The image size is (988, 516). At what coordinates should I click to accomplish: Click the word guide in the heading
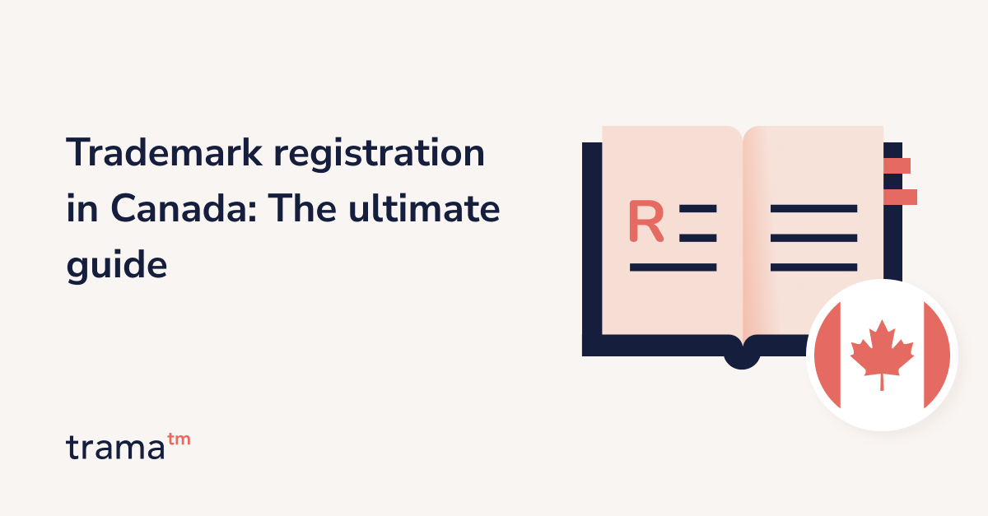tap(116, 267)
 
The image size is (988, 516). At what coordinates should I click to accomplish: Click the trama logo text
tap(114, 447)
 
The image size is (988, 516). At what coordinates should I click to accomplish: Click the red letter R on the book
tap(645, 221)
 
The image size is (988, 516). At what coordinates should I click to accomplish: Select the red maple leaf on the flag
tap(882, 354)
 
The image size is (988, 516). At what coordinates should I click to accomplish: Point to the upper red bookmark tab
tap(896, 165)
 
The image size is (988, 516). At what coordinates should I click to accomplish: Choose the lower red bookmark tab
tap(899, 197)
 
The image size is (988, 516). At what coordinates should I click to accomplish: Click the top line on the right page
tap(813, 209)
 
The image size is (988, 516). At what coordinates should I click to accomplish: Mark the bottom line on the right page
tap(813, 267)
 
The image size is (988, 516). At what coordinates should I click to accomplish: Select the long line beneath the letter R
tap(673, 267)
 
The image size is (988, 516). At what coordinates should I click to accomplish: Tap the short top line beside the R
tap(697, 209)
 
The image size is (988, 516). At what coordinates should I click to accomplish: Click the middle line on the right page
tap(813, 238)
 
